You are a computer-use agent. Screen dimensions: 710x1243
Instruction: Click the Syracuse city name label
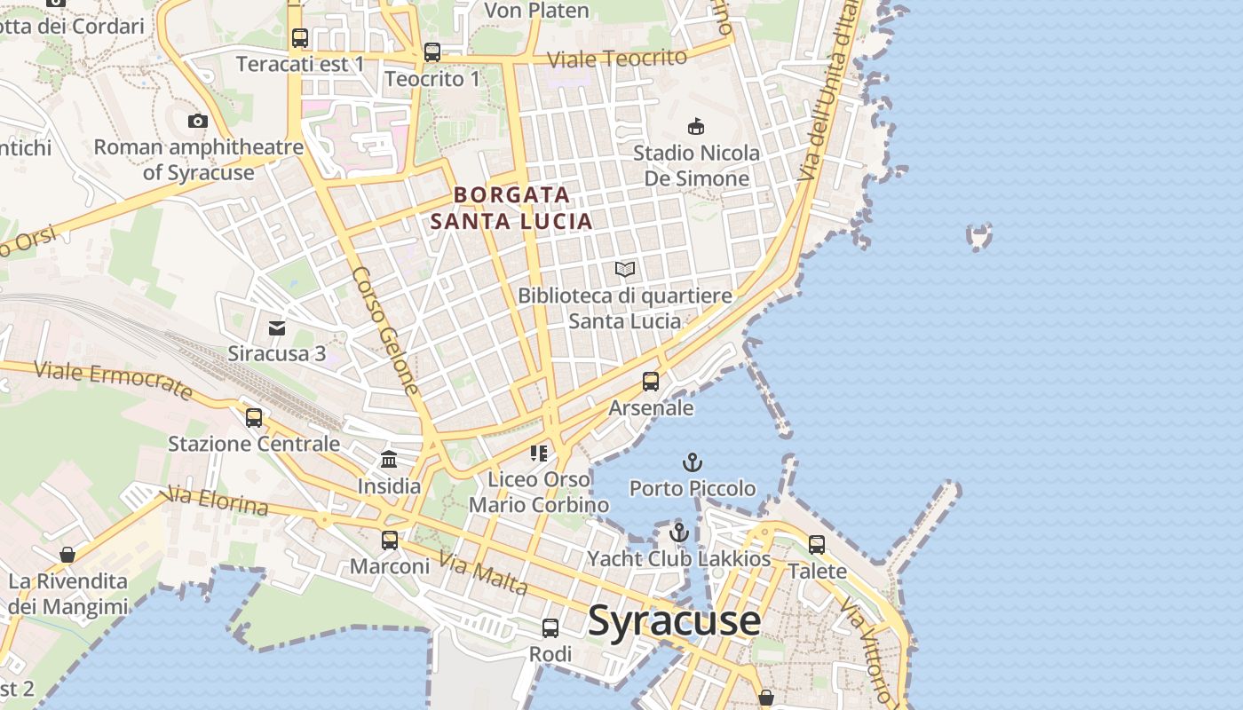(674, 620)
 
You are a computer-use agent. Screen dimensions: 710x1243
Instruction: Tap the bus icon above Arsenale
(651, 382)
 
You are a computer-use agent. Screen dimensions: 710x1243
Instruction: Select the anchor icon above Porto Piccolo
(692, 462)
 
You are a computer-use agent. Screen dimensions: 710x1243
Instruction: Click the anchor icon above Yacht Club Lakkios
(679, 532)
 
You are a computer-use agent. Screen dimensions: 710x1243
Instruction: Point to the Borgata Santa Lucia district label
(511, 208)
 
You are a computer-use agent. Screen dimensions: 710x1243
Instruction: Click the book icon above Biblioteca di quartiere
(625, 269)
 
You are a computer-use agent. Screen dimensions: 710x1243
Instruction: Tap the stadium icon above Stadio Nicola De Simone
(696, 127)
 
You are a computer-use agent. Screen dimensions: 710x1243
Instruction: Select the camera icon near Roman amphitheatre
(198, 121)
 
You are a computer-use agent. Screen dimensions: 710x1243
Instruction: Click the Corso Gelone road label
(385, 330)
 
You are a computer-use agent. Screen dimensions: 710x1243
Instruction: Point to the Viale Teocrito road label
(617, 59)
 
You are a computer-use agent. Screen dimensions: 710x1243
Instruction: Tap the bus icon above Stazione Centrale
(254, 417)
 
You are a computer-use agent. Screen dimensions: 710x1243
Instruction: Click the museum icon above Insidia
(389, 459)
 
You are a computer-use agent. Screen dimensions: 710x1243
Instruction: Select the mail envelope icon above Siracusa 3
(277, 328)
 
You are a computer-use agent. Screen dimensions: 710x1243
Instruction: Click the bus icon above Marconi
(389, 540)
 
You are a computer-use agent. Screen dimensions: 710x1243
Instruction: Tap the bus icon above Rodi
(550, 628)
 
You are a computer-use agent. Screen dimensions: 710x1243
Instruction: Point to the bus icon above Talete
(817, 544)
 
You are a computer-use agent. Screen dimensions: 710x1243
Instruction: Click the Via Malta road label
(484, 574)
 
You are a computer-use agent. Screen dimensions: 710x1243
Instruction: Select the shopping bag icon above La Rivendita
(67, 556)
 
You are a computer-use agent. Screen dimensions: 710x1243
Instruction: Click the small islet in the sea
(979, 237)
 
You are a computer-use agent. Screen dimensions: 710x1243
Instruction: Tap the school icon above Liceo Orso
(539, 454)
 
